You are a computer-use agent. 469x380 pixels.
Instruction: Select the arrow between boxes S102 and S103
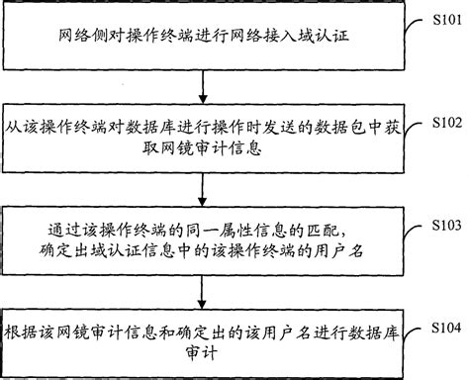point(204,186)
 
